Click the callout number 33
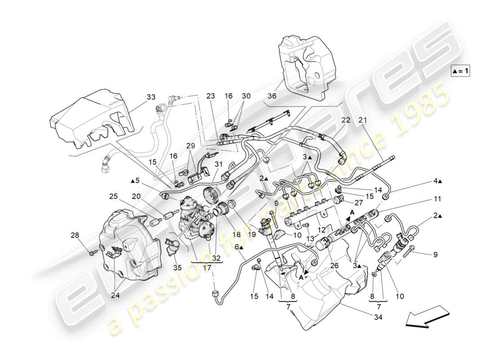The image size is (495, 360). tap(150, 97)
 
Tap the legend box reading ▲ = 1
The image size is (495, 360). tap(460, 71)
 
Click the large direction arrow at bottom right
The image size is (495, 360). tap(427, 315)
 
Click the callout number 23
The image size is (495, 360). tap(211, 96)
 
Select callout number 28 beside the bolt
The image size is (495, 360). tap(74, 234)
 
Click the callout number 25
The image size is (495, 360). tap(113, 196)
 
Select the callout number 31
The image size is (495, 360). tap(219, 164)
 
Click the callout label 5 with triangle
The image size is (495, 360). tap(135, 181)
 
